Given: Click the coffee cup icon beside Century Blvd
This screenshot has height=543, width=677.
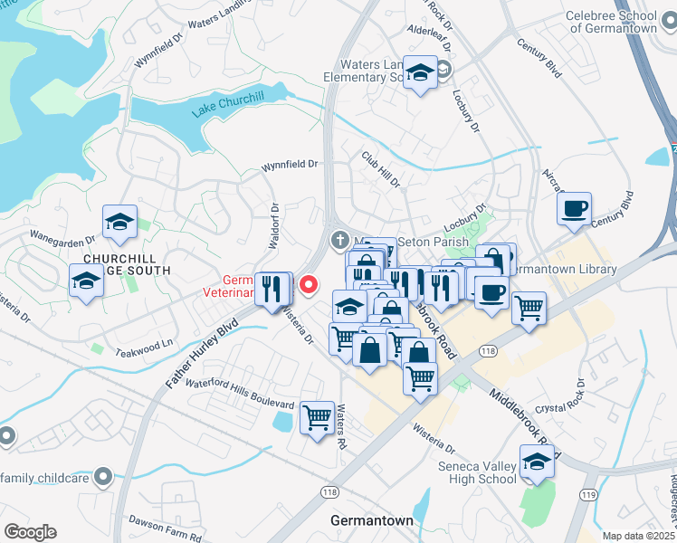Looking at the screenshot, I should click(x=574, y=209).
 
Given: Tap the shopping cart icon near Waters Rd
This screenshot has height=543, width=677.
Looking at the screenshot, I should click(x=317, y=418).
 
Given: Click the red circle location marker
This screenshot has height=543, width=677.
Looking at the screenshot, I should click(x=309, y=286).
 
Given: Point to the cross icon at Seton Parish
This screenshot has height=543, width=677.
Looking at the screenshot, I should click(x=339, y=241).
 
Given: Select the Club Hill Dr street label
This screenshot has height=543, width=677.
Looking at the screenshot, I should click(x=381, y=169).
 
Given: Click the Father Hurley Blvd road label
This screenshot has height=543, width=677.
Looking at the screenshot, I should click(x=201, y=353).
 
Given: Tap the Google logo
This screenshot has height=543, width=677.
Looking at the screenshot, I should click(x=29, y=532).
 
